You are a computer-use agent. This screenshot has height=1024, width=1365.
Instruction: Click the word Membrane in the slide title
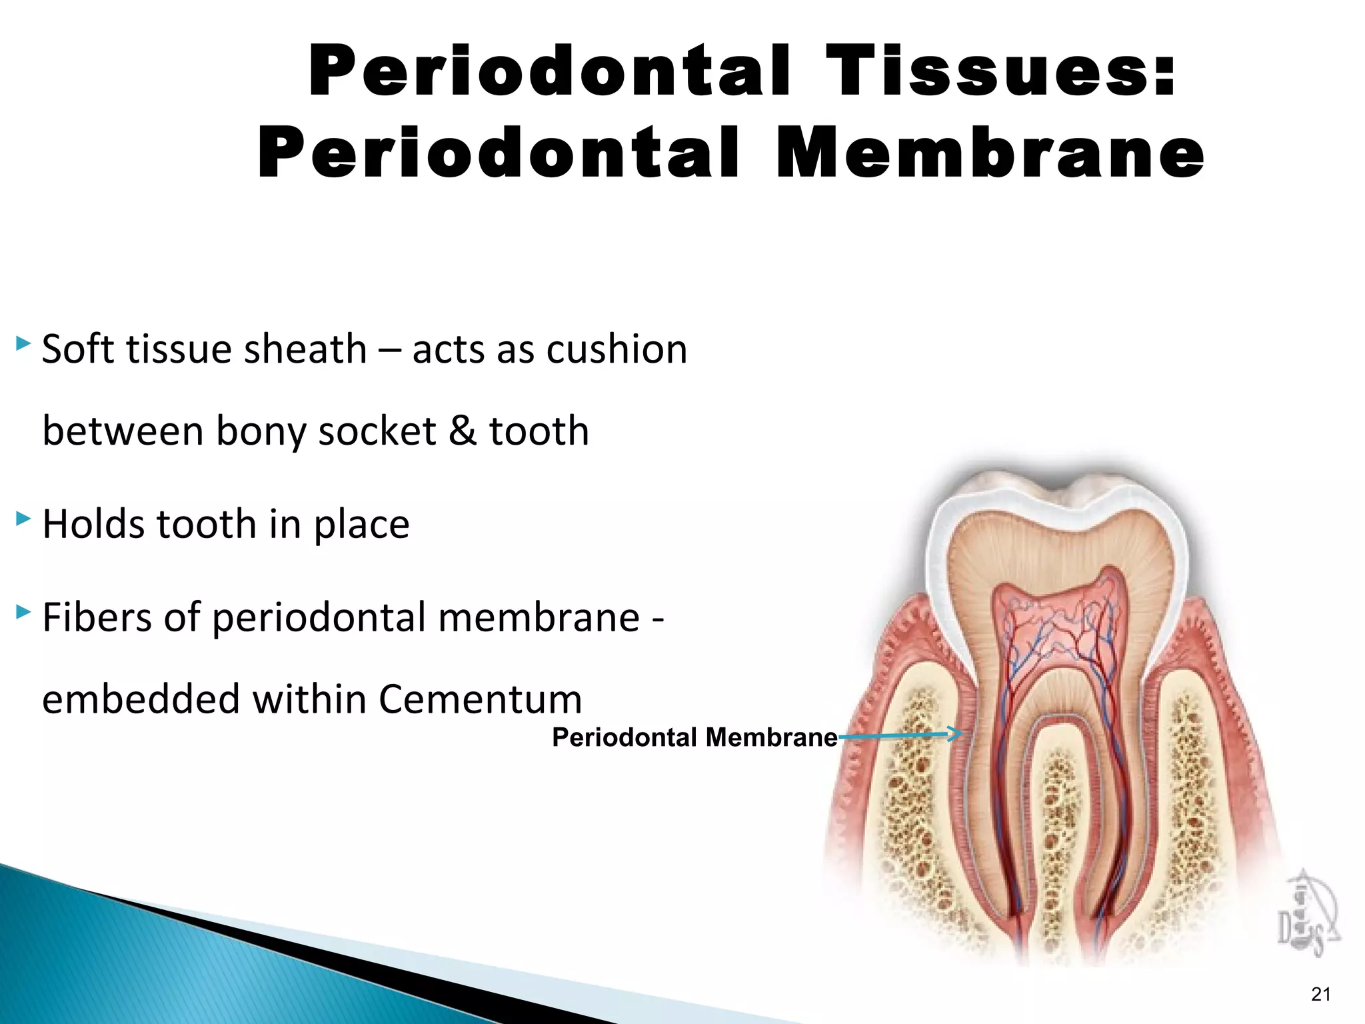coord(990,155)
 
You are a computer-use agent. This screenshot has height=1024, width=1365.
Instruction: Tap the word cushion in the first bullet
coord(617,349)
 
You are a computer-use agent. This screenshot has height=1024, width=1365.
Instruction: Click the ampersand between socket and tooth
coord(463,431)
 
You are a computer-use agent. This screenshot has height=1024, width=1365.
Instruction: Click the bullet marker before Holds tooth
coord(23,518)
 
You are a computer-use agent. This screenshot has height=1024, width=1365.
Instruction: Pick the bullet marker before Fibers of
coord(23,611)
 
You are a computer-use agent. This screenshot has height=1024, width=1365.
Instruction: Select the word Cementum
coord(480,700)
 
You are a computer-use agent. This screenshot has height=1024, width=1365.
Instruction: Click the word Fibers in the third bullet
coord(97,617)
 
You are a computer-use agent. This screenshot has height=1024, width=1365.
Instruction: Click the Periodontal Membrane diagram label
coord(694,737)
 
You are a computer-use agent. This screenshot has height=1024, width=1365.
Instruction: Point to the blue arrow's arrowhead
coord(956,735)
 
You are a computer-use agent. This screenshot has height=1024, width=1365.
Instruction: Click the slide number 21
coord(1320,994)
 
